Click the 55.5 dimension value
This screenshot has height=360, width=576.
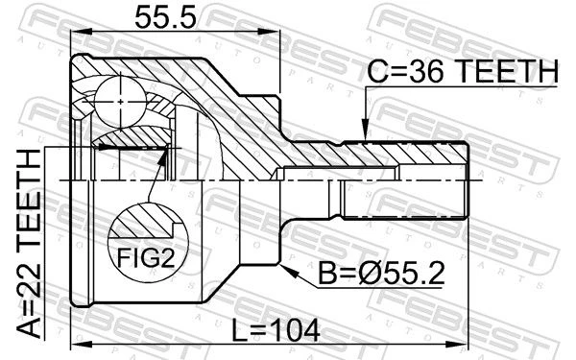coord(165,17)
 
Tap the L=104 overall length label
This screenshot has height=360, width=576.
coord(276,331)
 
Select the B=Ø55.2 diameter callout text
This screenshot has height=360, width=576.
coord(381,274)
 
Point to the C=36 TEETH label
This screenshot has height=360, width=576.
coord(463,71)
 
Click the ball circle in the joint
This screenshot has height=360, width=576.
coord(121,101)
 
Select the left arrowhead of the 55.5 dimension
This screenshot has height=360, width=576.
coord(80,33)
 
